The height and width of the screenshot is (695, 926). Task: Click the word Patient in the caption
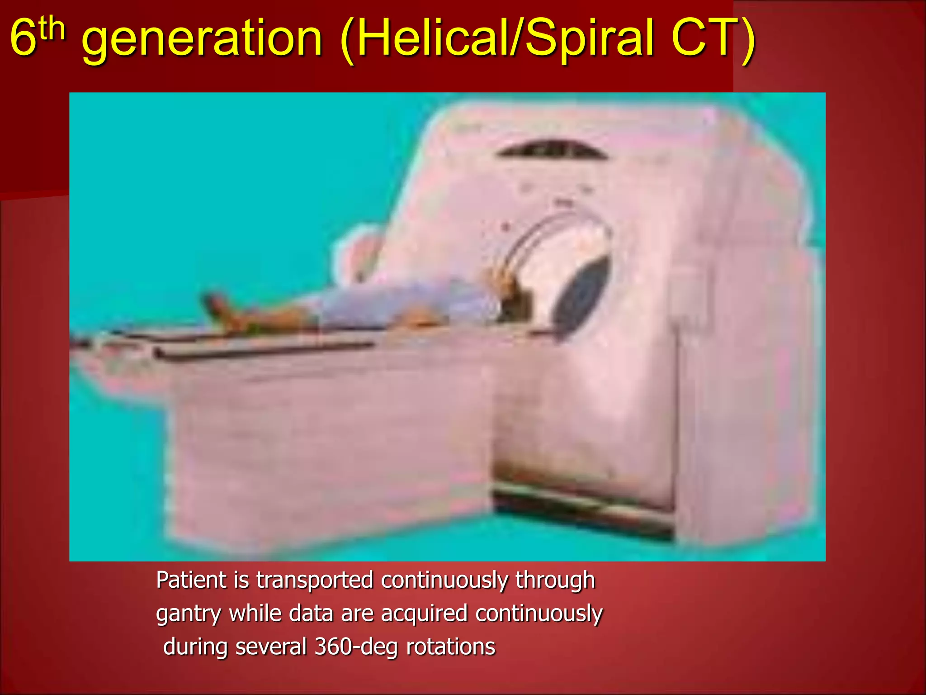(x=191, y=580)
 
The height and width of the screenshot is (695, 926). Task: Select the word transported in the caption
(x=315, y=581)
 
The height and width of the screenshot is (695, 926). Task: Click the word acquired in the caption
(x=424, y=614)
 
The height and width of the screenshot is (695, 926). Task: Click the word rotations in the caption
(x=450, y=647)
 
